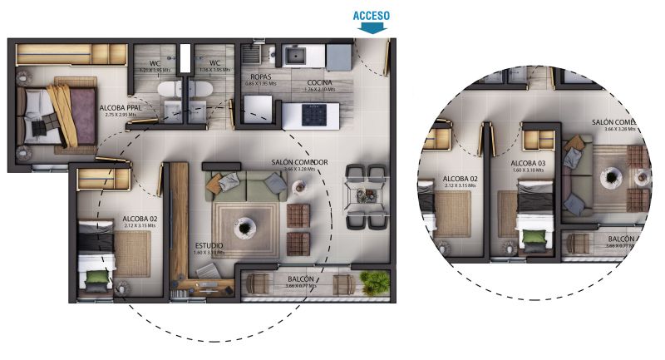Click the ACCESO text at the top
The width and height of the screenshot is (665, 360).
coord(372,15)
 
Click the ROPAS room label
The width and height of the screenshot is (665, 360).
coord(260,76)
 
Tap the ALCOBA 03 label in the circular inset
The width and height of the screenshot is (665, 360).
coord(529,164)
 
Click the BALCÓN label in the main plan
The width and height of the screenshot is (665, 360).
coord(300,279)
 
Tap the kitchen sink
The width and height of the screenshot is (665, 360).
coord(294,56)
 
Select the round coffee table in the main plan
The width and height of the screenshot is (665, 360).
coord(244,225)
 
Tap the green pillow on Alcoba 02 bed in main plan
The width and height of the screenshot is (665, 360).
coord(98,277)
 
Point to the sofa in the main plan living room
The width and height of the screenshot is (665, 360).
coord(245,185)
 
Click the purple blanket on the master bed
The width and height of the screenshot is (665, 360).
coord(81,112)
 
